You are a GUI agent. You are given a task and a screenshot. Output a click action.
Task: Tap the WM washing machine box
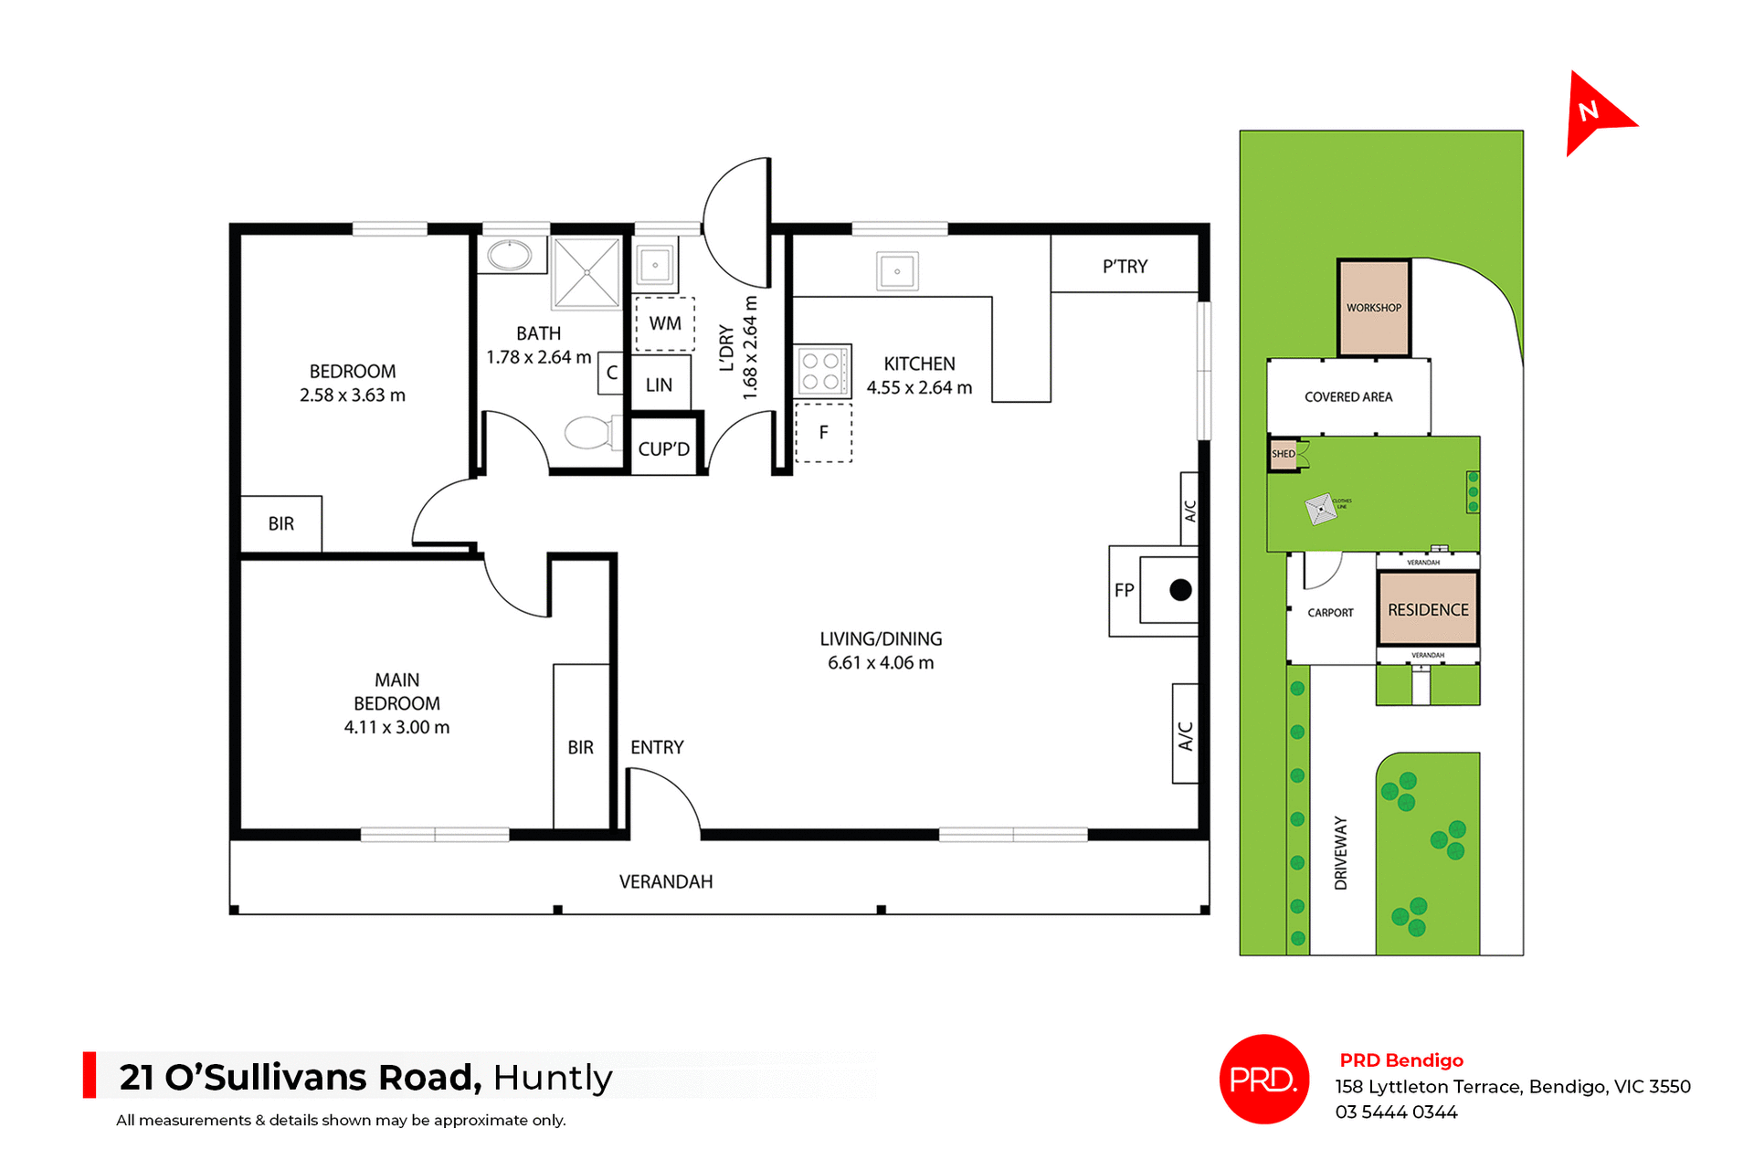pyautogui.click(x=665, y=324)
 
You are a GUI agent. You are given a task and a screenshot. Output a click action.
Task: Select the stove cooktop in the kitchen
pyautogui.click(x=821, y=371)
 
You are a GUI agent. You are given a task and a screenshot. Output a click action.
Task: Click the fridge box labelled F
pyautogui.click(x=823, y=433)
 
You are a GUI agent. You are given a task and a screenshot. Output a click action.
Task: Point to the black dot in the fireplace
pyautogui.click(x=1180, y=590)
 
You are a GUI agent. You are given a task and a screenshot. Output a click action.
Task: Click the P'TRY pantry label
pyautogui.click(x=1125, y=267)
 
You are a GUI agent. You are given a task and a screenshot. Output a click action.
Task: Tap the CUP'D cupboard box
pyautogui.click(x=664, y=448)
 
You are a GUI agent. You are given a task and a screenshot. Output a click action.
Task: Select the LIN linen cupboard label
pyautogui.click(x=659, y=385)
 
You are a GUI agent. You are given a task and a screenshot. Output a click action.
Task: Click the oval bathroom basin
pyautogui.click(x=510, y=256)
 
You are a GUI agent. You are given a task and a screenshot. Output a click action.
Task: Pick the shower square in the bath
pyautogui.click(x=586, y=273)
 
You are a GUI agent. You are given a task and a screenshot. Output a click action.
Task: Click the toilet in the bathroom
pyautogui.click(x=590, y=433)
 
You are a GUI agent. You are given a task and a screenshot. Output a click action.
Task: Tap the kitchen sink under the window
pyautogui.click(x=897, y=271)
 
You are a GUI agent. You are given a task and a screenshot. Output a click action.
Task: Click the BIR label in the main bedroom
pyautogui.click(x=580, y=748)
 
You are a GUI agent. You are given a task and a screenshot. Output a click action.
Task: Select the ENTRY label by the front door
pyautogui.click(x=657, y=748)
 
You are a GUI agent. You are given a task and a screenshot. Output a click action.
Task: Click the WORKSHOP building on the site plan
pyautogui.click(x=1373, y=308)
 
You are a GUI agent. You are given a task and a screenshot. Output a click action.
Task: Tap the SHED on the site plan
pyautogui.click(x=1283, y=454)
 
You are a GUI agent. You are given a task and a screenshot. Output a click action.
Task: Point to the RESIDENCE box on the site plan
pyautogui.click(x=1428, y=609)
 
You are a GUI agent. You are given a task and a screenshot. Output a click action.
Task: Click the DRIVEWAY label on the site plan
pyautogui.click(x=1341, y=853)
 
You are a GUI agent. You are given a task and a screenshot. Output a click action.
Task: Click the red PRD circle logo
pyautogui.click(x=1263, y=1079)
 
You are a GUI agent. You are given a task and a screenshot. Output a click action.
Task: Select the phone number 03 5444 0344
pyautogui.click(x=1396, y=1112)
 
